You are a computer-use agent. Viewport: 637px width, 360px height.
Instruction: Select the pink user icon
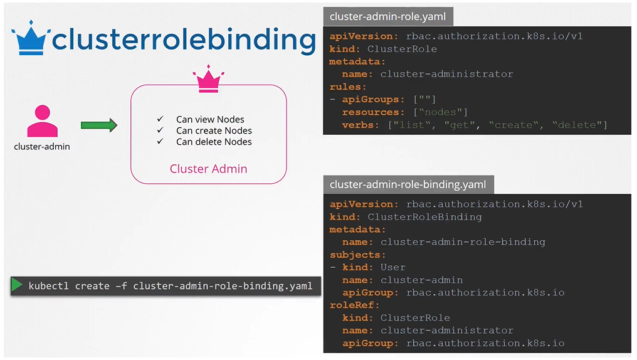click(42, 121)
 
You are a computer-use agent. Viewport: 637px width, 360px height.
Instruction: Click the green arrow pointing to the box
click(99, 125)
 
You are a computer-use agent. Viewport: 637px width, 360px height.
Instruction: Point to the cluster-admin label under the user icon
click(42, 147)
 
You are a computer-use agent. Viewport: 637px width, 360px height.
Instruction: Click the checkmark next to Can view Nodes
click(161, 119)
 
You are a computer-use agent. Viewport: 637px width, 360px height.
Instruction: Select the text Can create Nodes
click(214, 130)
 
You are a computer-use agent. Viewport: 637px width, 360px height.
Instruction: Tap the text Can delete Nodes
click(214, 142)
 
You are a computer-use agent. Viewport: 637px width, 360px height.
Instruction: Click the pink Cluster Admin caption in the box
click(208, 169)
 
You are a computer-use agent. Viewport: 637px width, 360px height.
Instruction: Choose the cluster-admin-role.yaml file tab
click(387, 17)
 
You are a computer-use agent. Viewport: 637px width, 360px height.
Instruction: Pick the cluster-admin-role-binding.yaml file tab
click(408, 184)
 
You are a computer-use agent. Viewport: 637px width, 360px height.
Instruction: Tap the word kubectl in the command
click(48, 286)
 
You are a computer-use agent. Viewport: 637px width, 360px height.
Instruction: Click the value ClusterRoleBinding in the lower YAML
click(424, 217)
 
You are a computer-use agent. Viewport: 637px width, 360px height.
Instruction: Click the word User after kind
click(393, 267)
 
